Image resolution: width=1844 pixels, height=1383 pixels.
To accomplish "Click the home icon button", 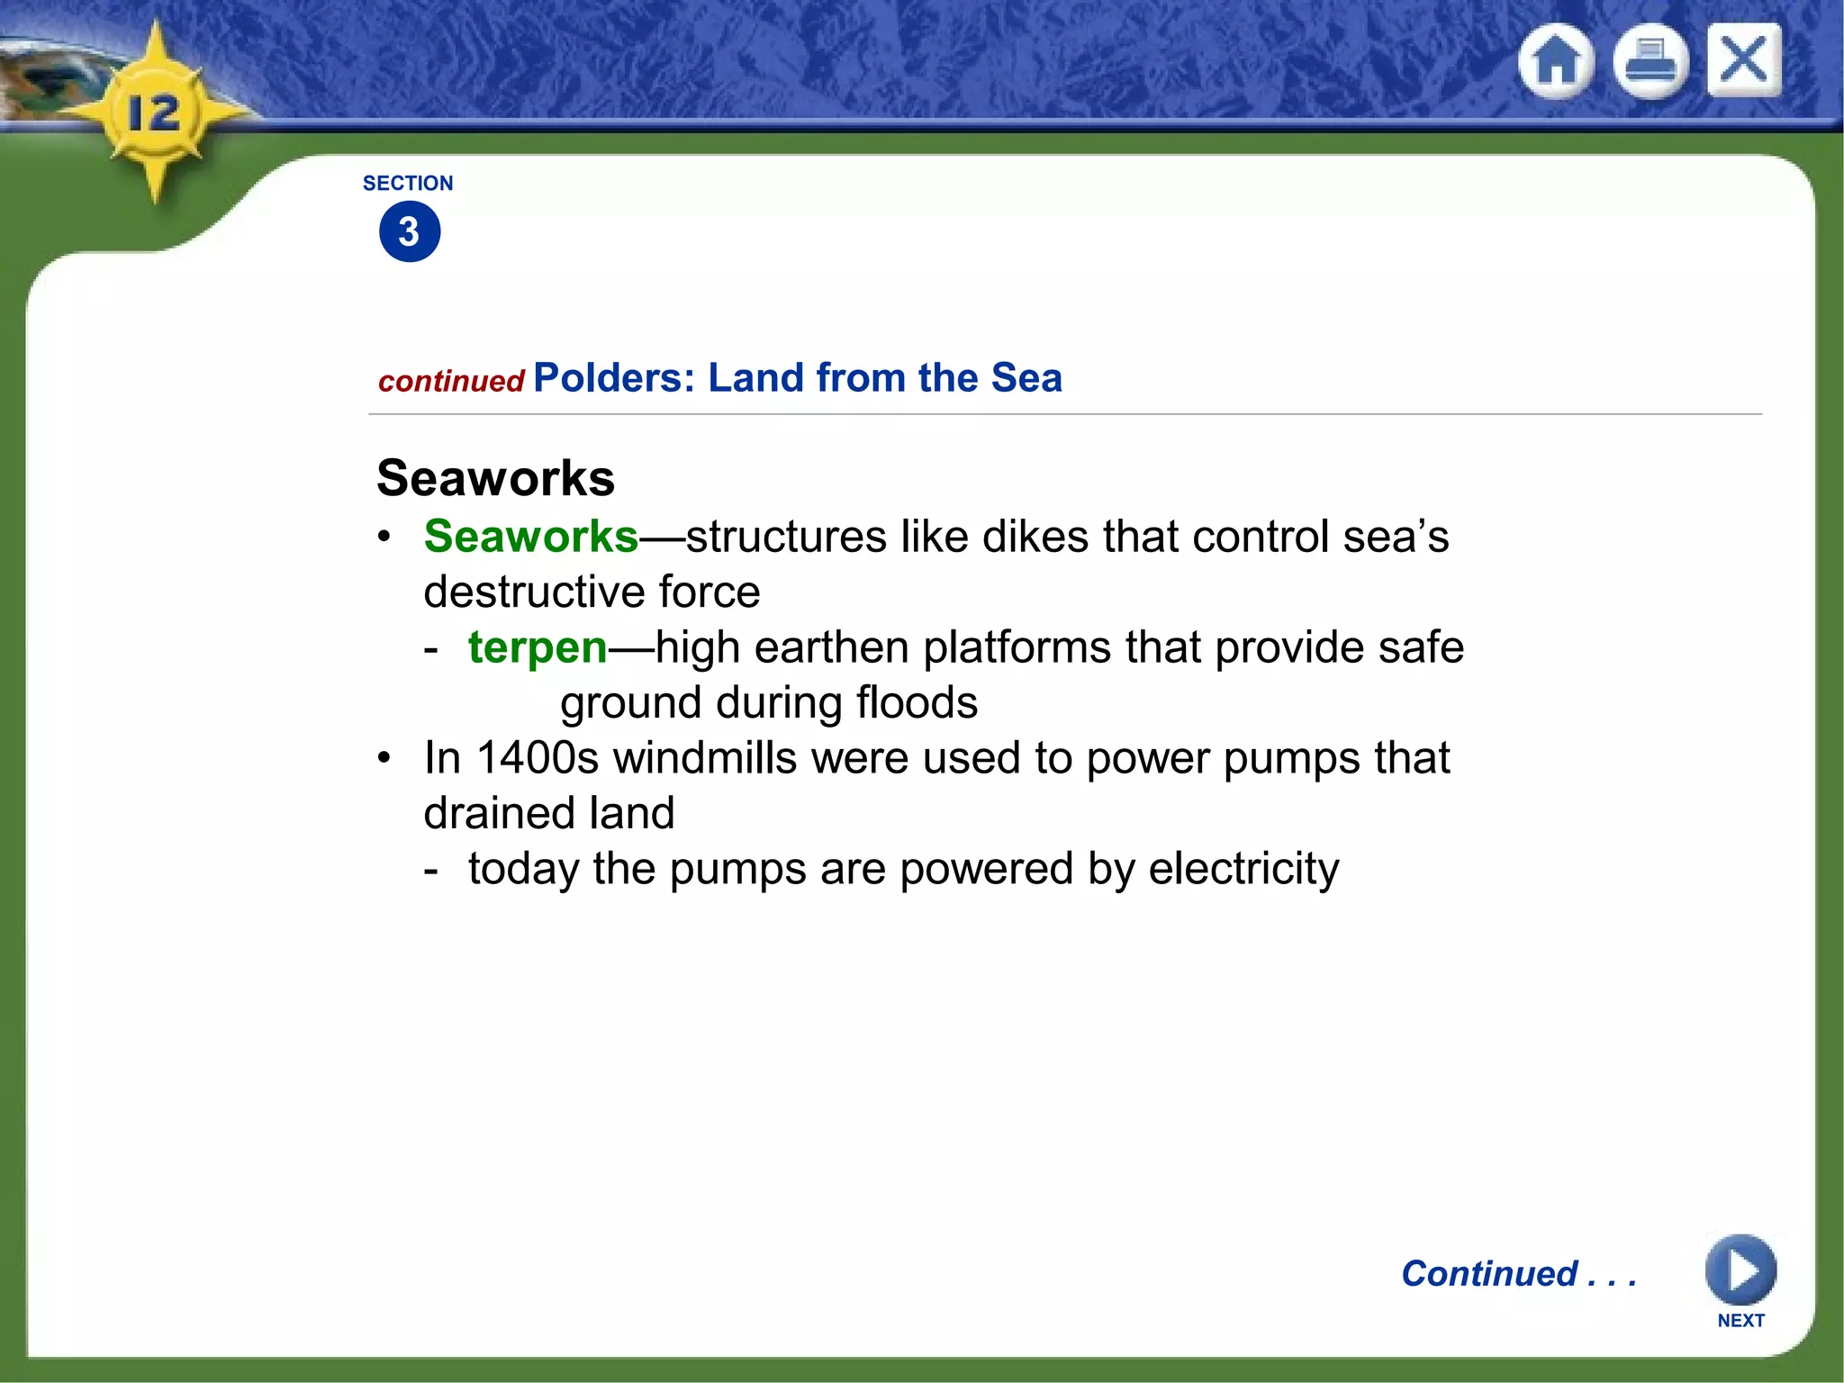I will tap(1556, 61).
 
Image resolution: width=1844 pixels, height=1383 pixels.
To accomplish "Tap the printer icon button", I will tap(1650, 61).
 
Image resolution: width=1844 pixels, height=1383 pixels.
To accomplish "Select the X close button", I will tap(1744, 60).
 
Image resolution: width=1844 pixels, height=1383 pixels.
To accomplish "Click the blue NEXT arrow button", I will tap(1740, 1270).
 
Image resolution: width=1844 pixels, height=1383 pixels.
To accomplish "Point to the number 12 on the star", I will tap(154, 113).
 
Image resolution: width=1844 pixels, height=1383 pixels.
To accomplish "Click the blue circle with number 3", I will tap(410, 232).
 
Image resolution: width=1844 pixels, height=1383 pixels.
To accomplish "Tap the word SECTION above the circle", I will tap(408, 184).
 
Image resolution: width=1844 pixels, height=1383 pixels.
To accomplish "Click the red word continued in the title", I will tap(451, 382).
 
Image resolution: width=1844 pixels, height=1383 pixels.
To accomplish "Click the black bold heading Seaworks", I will tap(495, 477).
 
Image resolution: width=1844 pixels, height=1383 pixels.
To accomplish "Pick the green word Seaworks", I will tap(531, 537).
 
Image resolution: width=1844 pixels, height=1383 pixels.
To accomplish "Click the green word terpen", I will tap(538, 648).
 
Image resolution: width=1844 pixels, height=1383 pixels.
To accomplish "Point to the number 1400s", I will tap(538, 758).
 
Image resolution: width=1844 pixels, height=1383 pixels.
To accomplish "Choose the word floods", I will tap(917, 703).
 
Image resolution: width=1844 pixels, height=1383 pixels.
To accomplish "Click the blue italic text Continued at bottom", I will tap(1490, 1274).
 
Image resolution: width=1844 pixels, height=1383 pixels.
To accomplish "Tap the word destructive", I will tap(534, 592).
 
